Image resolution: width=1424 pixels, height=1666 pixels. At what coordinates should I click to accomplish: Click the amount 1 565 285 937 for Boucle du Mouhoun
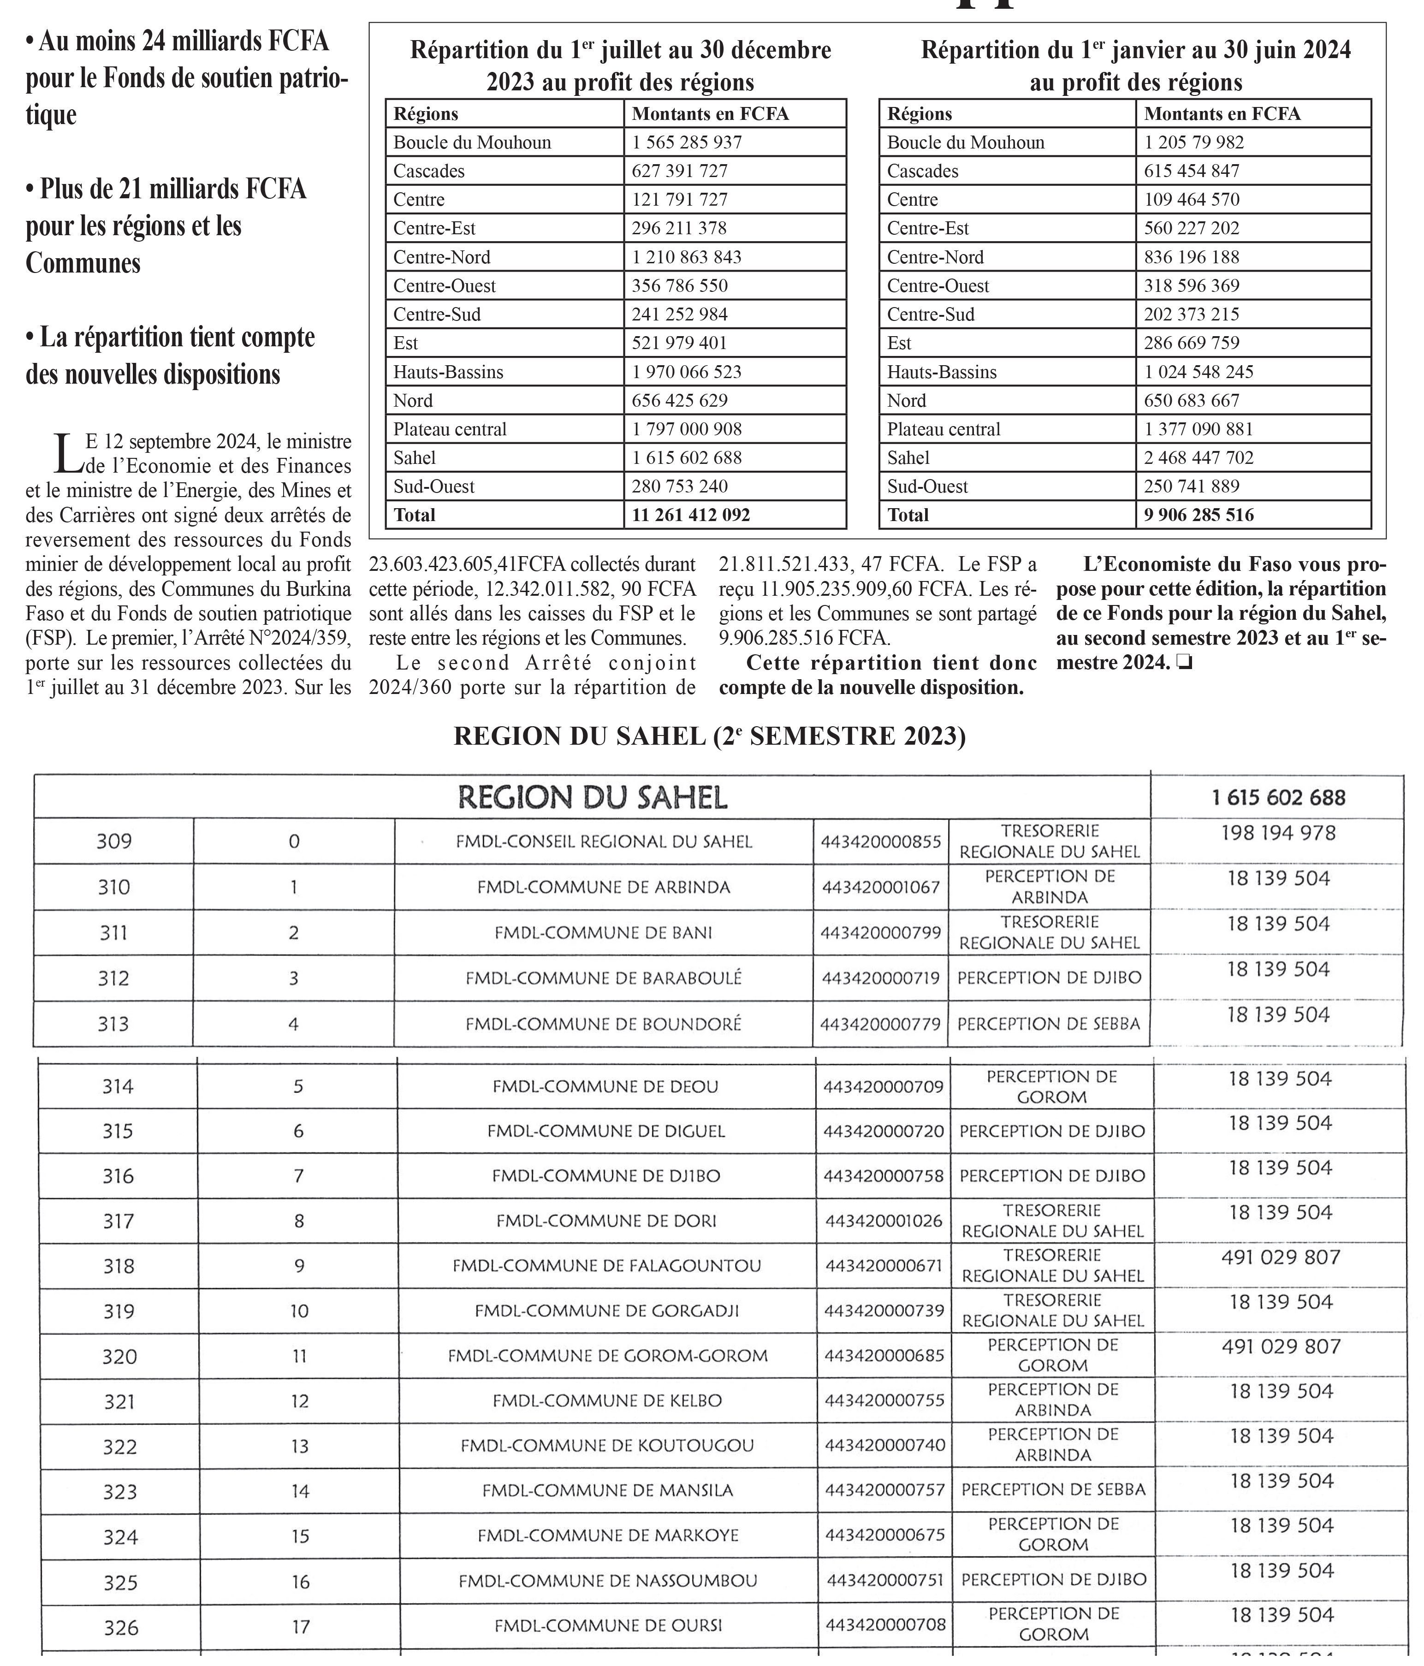687,142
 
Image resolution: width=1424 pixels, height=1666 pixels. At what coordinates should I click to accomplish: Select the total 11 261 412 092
691,515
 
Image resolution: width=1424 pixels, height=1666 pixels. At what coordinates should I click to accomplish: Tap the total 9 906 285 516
1199,515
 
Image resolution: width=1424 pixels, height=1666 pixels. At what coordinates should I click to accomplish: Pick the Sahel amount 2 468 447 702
1199,457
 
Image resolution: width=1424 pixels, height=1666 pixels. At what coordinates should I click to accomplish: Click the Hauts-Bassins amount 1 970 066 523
687,372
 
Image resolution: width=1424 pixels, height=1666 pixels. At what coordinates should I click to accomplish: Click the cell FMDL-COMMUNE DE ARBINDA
604,887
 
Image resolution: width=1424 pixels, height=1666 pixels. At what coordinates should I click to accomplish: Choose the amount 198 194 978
1278,833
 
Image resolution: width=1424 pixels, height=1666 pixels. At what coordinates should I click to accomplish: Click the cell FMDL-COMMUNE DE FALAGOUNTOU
606,1266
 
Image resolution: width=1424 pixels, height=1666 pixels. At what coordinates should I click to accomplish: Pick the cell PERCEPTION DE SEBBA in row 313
1049,1024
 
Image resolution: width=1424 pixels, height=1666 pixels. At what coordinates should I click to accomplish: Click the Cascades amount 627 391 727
679,171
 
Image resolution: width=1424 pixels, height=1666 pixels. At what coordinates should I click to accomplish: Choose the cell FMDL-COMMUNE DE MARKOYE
608,1535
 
